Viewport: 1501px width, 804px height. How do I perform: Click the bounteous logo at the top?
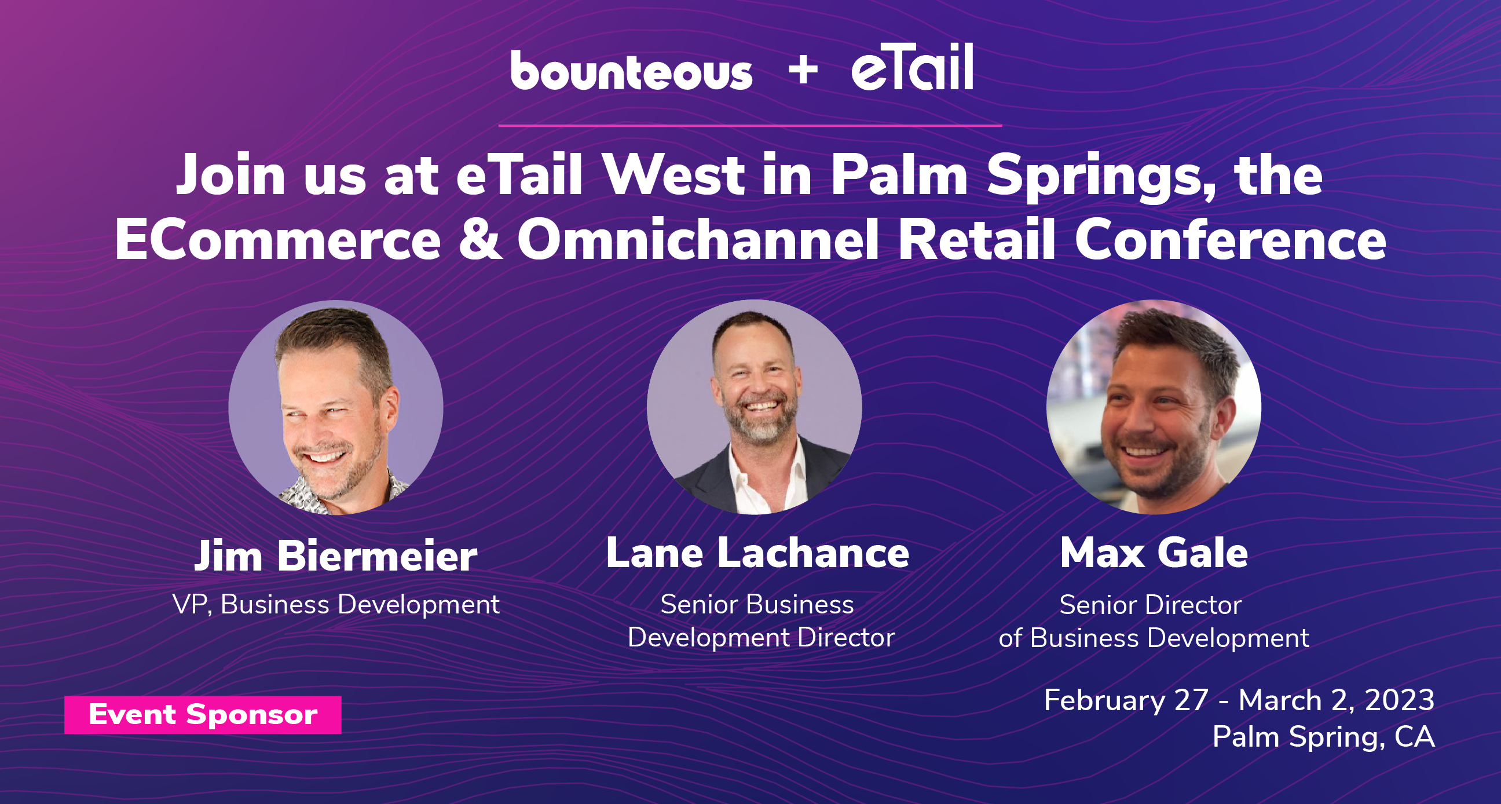click(632, 71)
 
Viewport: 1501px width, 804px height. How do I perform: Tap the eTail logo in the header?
click(913, 68)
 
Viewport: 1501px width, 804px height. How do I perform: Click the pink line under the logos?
click(750, 125)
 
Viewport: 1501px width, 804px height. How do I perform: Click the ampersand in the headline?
click(480, 240)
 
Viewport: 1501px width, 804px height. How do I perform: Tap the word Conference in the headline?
click(1230, 240)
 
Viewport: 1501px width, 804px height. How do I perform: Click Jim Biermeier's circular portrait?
click(336, 407)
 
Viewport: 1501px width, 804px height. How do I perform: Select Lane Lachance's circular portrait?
click(754, 407)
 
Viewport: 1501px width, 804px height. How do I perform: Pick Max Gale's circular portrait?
click(1154, 407)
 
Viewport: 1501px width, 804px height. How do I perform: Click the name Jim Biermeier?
click(336, 556)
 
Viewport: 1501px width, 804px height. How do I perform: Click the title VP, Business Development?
click(336, 605)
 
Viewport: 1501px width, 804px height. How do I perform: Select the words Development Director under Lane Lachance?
click(761, 637)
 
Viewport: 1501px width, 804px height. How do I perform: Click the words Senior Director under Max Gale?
click(1150, 605)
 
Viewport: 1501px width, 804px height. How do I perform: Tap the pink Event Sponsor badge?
click(203, 715)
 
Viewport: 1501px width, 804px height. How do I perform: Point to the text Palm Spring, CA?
click(1323, 736)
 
